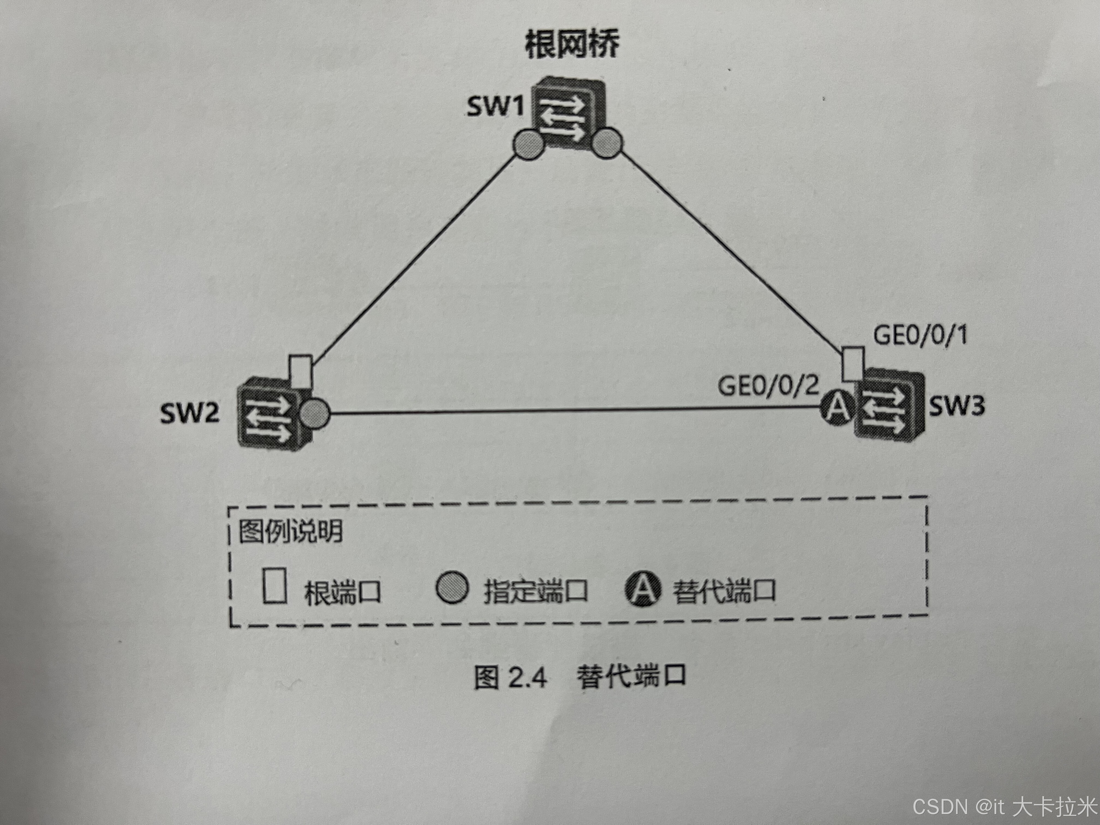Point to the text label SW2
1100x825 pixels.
click(x=189, y=413)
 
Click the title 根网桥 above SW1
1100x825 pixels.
click(x=572, y=45)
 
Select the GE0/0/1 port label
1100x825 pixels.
click(x=920, y=335)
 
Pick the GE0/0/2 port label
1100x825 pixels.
click(x=768, y=385)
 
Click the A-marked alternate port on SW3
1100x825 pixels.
click(x=838, y=407)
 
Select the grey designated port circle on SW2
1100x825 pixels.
click(x=314, y=413)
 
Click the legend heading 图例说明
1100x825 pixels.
click(x=291, y=531)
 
